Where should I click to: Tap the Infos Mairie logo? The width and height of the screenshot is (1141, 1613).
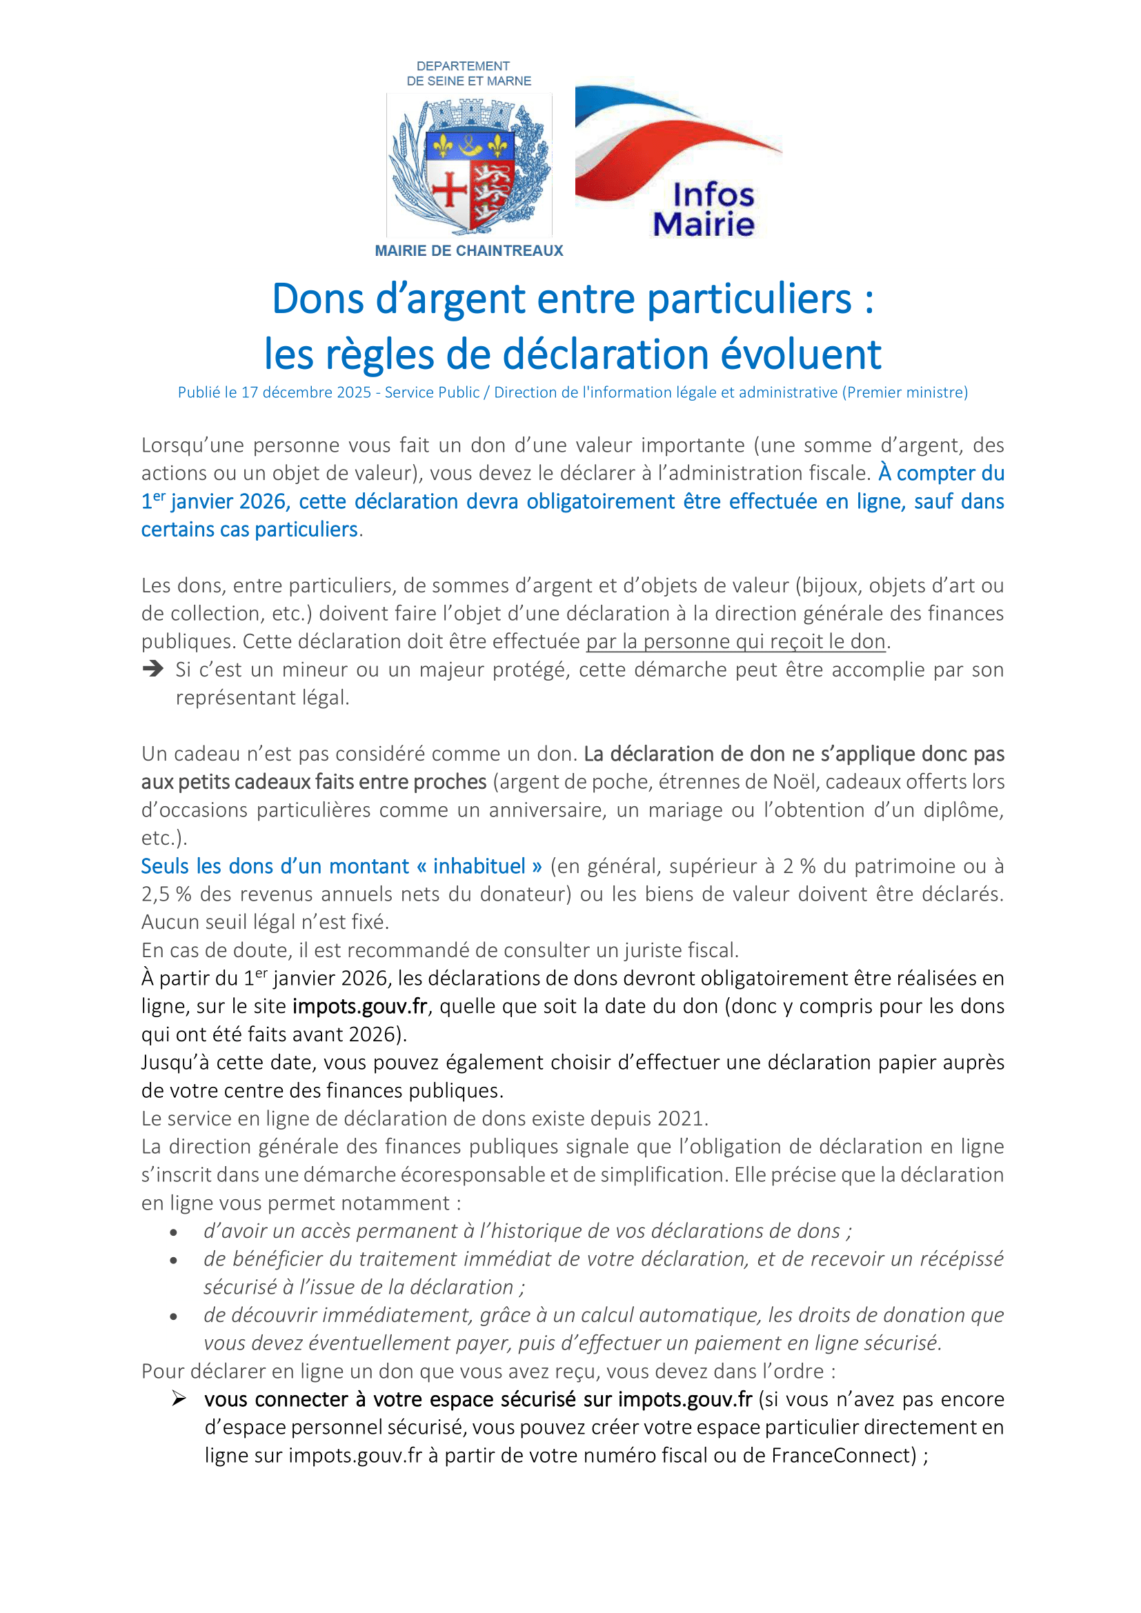click(x=678, y=161)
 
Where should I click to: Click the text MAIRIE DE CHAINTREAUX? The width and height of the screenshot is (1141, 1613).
click(x=468, y=251)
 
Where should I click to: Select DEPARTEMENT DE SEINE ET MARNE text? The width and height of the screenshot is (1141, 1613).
click(x=468, y=74)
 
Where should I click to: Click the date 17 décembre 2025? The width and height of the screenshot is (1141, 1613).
click(x=306, y=392)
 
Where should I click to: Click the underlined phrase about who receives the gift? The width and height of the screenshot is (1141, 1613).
click(x=735, y=641)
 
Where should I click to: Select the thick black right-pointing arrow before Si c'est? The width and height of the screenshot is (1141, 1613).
click(x=152, y=669)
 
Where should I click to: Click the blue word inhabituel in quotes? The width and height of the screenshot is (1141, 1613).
click(x=479, y=866)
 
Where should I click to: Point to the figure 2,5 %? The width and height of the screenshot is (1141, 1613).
click(x=166, y=894)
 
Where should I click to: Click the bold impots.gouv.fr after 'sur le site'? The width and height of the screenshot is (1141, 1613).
click(x=359, y=1007)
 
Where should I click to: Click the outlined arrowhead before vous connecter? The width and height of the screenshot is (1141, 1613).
click(x=179, y=1399)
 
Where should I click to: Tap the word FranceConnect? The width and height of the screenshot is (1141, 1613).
click(x=843, y=1456)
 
